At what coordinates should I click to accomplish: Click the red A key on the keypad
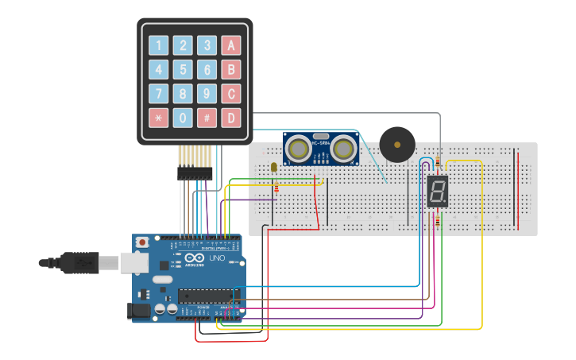(x=230, y=45)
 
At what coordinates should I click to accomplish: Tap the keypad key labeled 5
(x=183, y=69)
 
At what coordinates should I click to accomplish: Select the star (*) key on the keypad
(x=159, y=118)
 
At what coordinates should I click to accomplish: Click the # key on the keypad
(x=207, y=118)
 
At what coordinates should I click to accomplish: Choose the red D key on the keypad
(x=230, y=118)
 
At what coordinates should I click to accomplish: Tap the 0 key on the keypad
(x=183, y=118)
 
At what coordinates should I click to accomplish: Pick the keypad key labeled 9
(x=207, y=94)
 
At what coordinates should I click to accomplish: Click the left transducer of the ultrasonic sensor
(x=299, y=148)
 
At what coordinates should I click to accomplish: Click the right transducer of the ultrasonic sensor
(x=343, y=148)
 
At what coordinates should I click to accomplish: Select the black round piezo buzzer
(x=396, y=144)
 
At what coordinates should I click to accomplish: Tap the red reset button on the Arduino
(x=142, y=242)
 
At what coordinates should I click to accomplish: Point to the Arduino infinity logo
(x=194, y=258)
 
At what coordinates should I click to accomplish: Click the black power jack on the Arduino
(x=139, y=312)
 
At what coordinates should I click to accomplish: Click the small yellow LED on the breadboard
(x=274, y=167)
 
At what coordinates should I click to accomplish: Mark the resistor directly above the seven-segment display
(x=437, y=164)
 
